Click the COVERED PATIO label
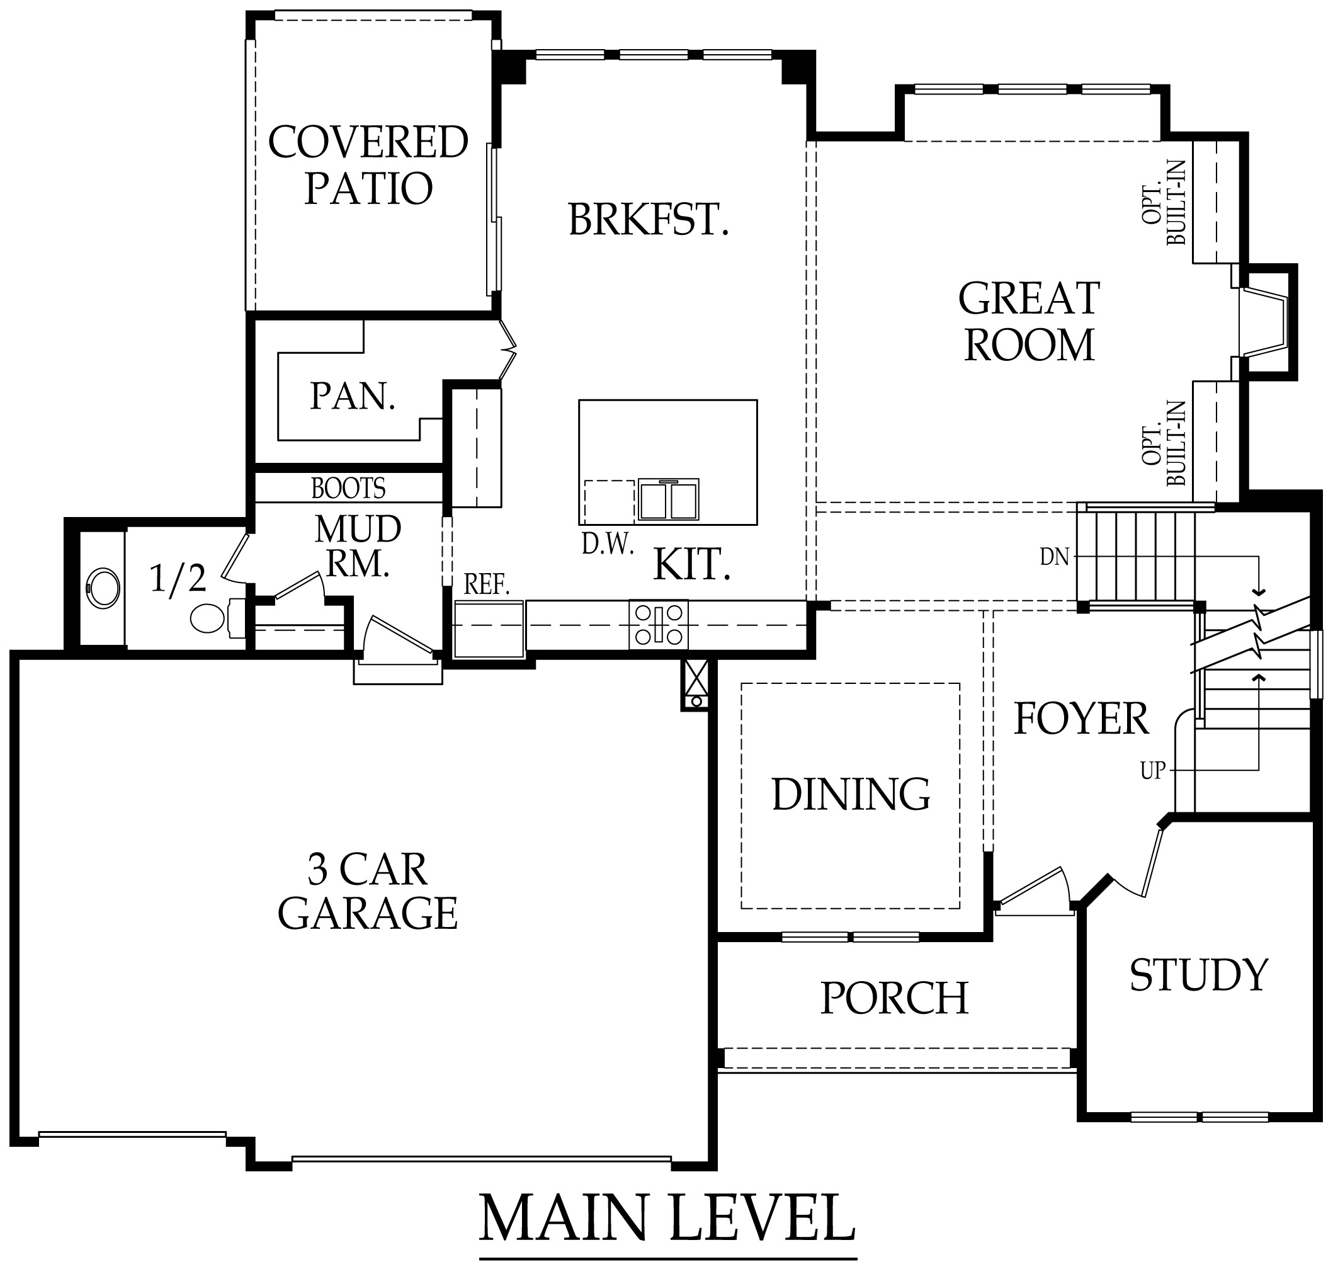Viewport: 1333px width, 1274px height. [368, 165]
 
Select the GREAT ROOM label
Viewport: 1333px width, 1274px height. [1029, 322]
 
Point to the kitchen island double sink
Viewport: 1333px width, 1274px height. [668, 500]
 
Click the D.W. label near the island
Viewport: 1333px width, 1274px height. [608, 545]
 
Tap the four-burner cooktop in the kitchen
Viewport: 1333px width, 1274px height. [658, 625]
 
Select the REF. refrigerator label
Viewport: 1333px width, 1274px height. [486, 584]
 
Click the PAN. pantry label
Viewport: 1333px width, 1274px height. [353, 397]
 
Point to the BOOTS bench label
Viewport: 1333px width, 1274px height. [348, 488]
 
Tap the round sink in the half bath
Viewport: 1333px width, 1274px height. [103, 588]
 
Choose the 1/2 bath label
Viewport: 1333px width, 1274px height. [177, 579]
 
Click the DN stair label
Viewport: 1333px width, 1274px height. [1054, 557]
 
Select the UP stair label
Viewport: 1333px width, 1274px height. [1152, 771]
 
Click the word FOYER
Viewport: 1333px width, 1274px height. [1081, 719]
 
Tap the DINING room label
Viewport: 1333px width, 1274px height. [851, 795]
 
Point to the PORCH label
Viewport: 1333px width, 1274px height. [893, 999]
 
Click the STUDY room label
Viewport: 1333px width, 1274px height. [1198, 976]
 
